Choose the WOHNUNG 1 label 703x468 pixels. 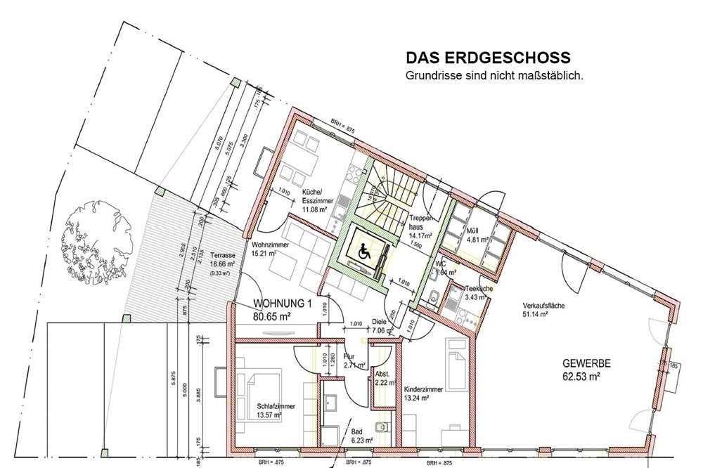282,310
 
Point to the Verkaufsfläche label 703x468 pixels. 545,309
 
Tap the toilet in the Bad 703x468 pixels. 382,427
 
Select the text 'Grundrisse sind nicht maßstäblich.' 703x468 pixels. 494,74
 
